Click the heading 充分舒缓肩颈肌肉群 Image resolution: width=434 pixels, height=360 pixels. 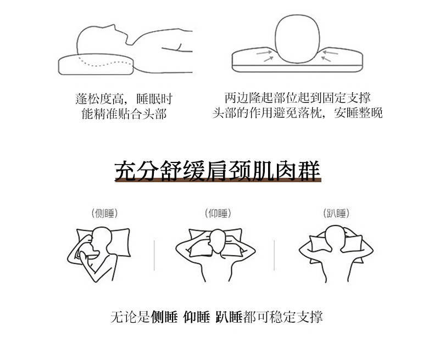click(x=218, y=171)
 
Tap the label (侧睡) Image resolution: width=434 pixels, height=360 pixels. click(x=104, y=213)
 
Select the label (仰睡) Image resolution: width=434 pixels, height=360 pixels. click(x=218, y=213)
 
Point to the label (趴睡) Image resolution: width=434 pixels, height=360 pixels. click(x=336, y=213)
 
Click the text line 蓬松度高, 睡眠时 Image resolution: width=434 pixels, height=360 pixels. click(x=124, y=99)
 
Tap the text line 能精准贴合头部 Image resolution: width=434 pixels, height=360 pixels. click(x=124, y=114)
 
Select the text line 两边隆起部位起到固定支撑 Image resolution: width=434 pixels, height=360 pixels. click(x=298, y=98)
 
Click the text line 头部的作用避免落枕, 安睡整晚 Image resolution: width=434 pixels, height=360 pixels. click(x=298, y=113)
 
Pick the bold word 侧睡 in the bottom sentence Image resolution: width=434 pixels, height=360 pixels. click(x=164, y=317)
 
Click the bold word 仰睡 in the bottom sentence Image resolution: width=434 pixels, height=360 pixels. click(x=197, y=317)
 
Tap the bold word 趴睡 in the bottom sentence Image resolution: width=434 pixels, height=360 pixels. click(x=229, y=317)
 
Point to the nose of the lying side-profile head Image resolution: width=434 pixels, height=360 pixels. click(x=113, y=26)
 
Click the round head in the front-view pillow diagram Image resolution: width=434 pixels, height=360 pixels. click(x=298, y=39)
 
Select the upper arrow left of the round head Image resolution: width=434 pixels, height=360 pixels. click(x=264, y=53)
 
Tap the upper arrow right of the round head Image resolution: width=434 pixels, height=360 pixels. click(x=331, y=52)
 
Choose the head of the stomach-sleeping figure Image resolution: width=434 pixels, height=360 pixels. click(x=335, y=237)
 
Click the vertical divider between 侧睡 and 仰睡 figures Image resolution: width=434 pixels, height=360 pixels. click(x=154, y=255)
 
